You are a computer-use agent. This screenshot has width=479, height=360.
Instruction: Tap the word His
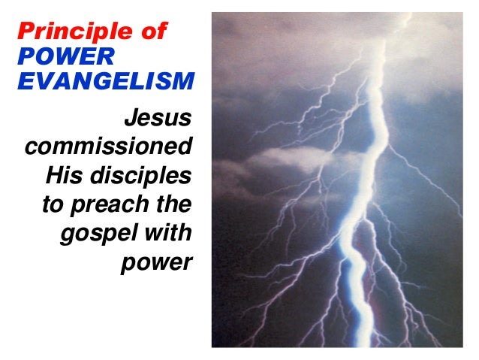click(x=62, y=176)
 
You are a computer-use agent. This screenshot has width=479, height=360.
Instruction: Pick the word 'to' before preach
click(x=45, y=204)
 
